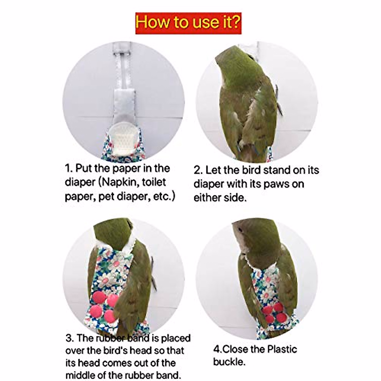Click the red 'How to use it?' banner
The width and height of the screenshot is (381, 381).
click(x=188, y=23)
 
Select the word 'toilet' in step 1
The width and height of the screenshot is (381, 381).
click(x=154, y=182)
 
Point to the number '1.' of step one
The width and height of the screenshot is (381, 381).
click(x=69, y=168)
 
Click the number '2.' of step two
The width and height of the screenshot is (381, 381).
click(x=198, y=170)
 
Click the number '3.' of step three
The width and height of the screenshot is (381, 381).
click(x=70, y=338)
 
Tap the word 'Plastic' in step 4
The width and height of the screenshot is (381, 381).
click(x=282, y=349)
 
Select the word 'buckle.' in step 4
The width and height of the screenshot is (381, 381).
click(x=229, y=362)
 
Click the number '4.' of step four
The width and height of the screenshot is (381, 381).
click(x=217, y=349)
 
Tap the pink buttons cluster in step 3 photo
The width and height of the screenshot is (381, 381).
click(x=105, y=306)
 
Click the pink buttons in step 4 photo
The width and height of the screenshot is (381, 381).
click(x=273, y=312)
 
